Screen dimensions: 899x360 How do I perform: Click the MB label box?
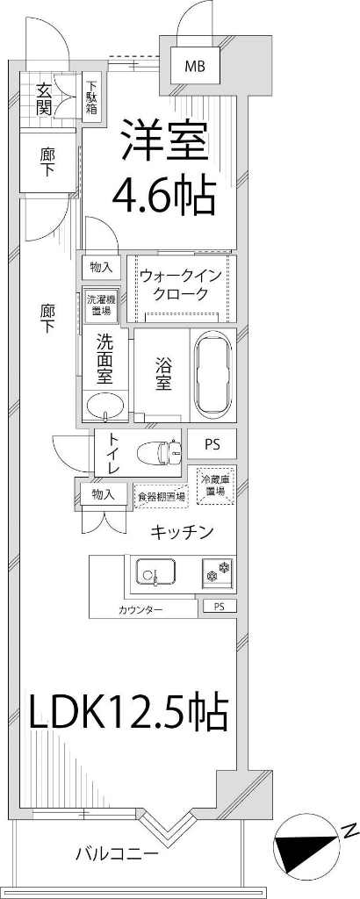[195, 65]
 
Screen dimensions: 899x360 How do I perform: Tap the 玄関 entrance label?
[45, 97]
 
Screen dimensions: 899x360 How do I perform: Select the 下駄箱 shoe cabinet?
[91, 99]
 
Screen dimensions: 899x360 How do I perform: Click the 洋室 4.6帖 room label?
[163, 169]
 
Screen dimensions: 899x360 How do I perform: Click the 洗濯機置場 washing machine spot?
[99, 305]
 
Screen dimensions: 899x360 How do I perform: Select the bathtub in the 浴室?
[212, 376]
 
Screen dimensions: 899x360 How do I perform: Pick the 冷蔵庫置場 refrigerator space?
[215, 485]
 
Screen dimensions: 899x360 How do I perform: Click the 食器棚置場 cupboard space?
[162, 496]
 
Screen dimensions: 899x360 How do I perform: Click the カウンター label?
[140, 609]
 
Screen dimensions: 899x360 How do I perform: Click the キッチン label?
[182, 532]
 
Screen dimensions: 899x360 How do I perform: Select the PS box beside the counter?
[220, 606]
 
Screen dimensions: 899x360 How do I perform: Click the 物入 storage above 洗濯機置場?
[102, 267]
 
